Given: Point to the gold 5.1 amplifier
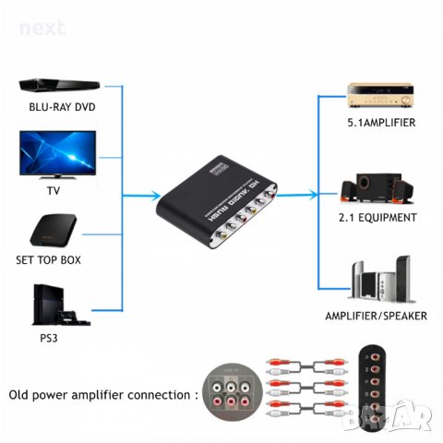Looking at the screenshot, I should [x=377, y=95].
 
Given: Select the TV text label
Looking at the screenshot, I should [x=54, y=191].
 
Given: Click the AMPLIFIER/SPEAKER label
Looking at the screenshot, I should [x=377, y=315].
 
